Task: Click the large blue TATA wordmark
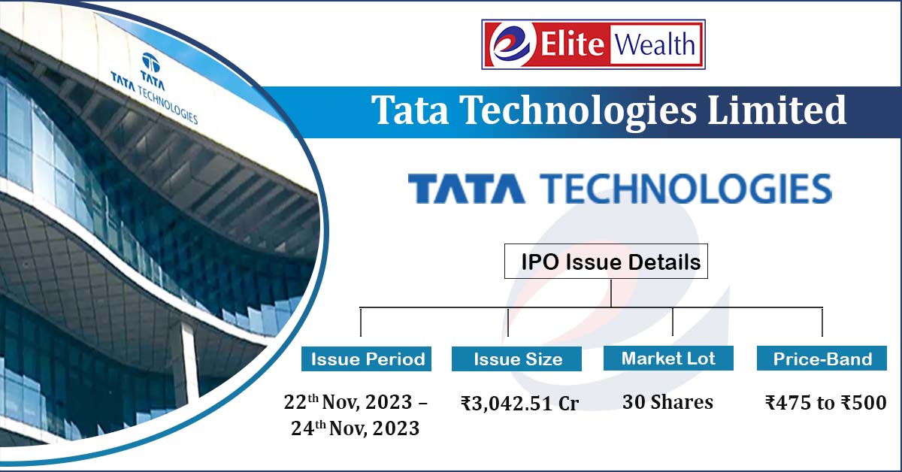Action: [466, 189]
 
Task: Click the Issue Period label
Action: [368, 359]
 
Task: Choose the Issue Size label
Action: [518, 359]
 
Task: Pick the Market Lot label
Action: [668, 358]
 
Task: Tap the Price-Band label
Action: [822, 359]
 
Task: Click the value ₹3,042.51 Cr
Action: [519, 404]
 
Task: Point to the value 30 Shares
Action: [667, 403]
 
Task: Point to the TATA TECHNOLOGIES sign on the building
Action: [153, 98]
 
